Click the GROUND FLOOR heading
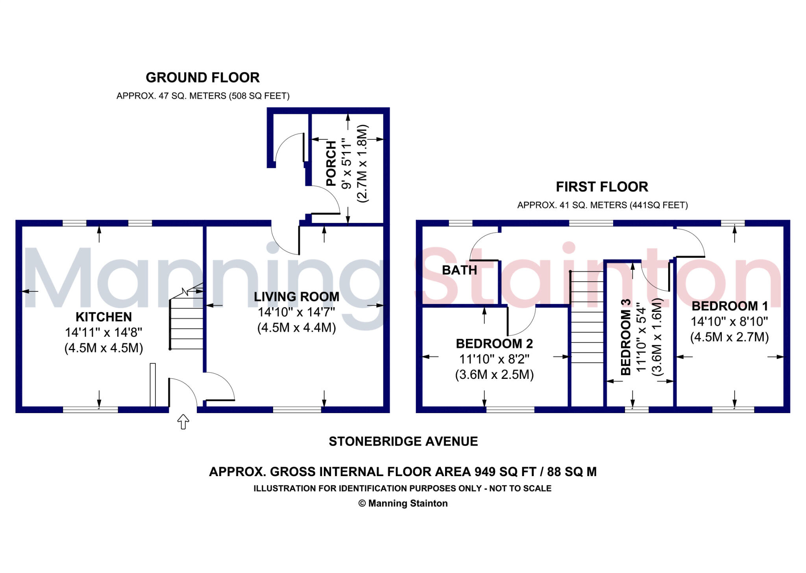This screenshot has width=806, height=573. click(x=203, y=78)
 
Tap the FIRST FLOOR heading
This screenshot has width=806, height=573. click(x=602, y=187)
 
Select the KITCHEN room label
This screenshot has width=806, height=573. click(x=104, y=317)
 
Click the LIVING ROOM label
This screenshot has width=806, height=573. click(x=296, y=297)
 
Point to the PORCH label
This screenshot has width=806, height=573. click(x=331, y=163)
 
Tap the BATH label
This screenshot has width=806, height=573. click(x=459, y=270)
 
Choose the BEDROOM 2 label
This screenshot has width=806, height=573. click(x=494, y=344)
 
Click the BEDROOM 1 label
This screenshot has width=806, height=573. click(x=730, y=306)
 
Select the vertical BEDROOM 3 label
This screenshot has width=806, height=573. click(x=626, y=337)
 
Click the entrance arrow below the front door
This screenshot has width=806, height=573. click(x=183, y=421)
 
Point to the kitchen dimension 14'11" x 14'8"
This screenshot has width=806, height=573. click(x=104, y=332)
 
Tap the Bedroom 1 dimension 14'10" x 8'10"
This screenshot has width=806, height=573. click(x=730, y=321)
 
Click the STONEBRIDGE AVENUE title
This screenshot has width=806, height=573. click(x=403, y=441)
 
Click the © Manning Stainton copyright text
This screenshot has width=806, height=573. click(x=403, y=503)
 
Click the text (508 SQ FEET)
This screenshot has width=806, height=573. click(x=259, y=96)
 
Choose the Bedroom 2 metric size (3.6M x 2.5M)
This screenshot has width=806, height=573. click(x=494, y=375)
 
